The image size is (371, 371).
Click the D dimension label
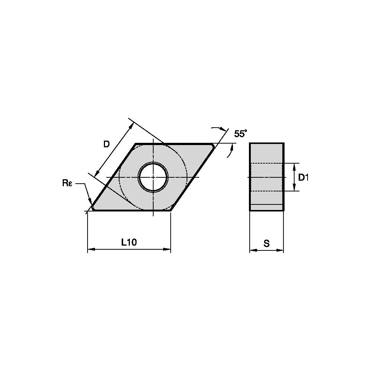pyautogui.click(x=107, y=144)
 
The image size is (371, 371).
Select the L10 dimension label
pyautogui.click(x=129, y=242)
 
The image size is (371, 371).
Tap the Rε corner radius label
pyautogui.click(x=67, y=183)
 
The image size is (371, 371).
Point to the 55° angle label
pyautogui.click(x=240, y=134)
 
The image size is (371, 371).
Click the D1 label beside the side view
pyautogui.click(x=303, y=177)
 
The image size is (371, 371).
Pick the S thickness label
pyautogui.click(x=267, y=243)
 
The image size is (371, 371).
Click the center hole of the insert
pyautogui.click(x=153, y=177)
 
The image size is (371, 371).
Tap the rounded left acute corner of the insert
pyautogui.click(x=93, y=207)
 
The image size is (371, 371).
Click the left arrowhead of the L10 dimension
pyautogui.click(x=91, y=249)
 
